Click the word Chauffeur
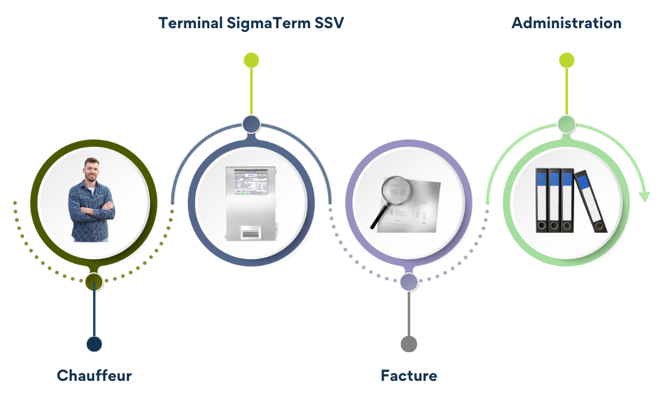pos(94,375)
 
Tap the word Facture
pos(409,375)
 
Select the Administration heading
pos(566,23)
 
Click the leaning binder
pos(591,201)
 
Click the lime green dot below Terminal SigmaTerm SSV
pos(251,60)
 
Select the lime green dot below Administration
pos(566,60)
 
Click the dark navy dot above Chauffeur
pos(94,344)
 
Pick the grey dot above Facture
pos(409,344)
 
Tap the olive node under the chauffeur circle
pos(94,282)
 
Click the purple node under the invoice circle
pos(409,282)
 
